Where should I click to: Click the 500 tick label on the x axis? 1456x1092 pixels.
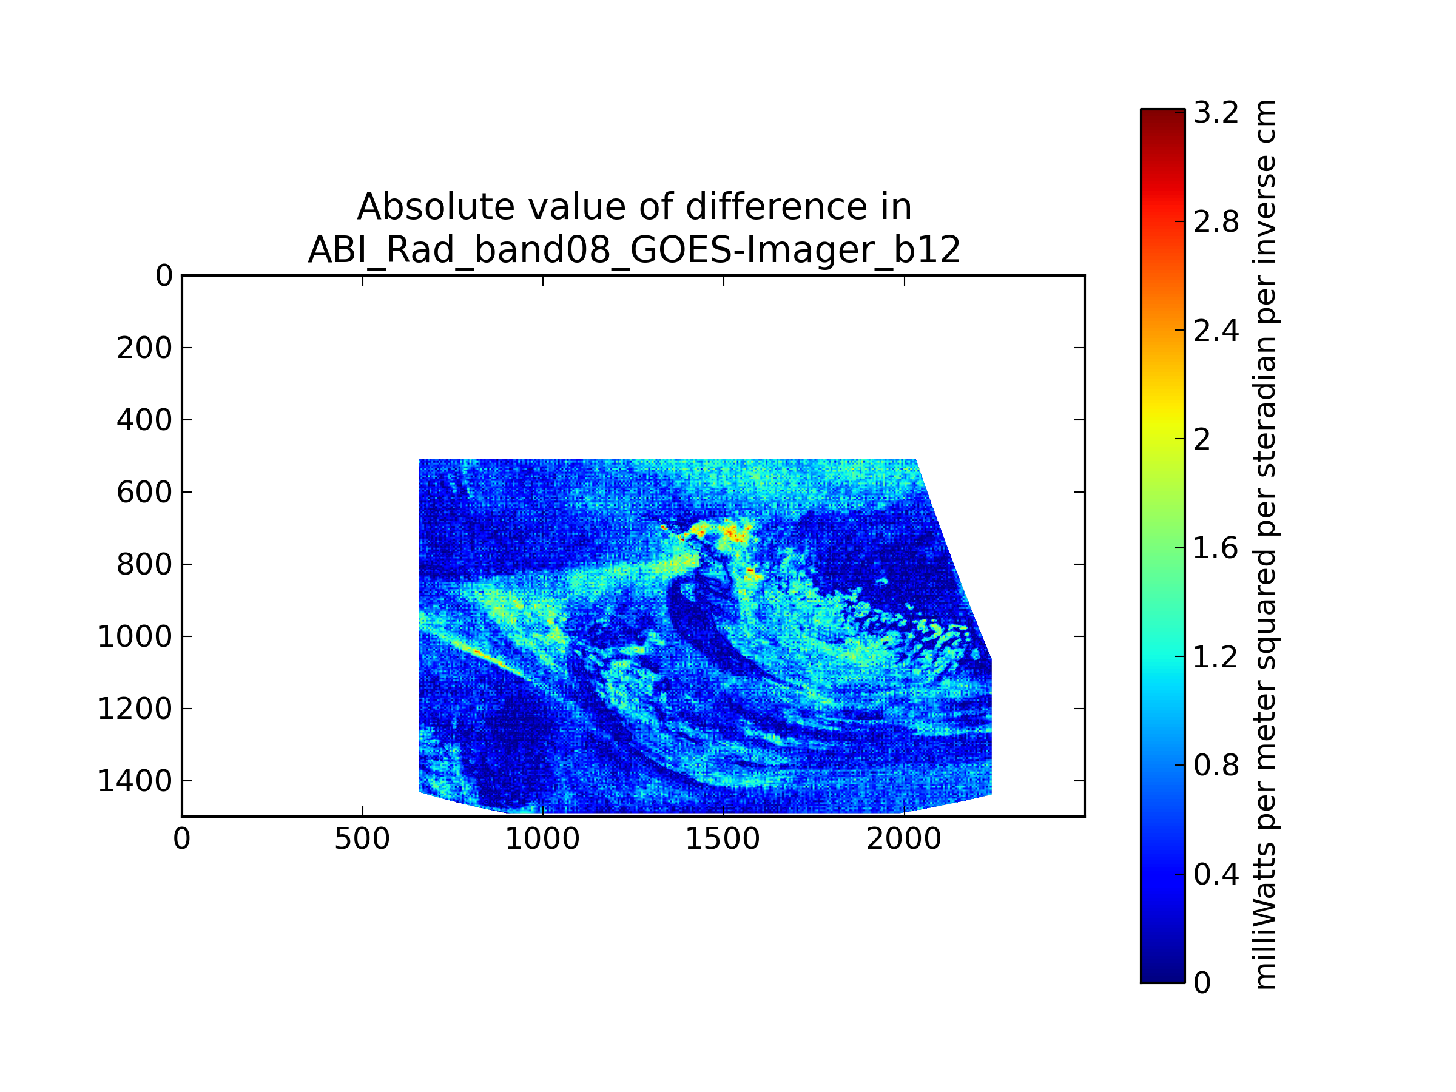(x=362, y=839)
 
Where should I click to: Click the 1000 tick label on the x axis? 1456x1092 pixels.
(x=542, y=839)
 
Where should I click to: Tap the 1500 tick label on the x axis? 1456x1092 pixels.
(x=723, y=839)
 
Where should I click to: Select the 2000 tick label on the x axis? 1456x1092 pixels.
(x=904, y=839)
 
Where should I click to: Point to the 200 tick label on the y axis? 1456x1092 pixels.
(x=144, y=348)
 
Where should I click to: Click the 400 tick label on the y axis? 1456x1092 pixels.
(x=144, y=420)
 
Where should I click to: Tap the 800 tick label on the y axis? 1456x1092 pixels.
(x=144, y=565)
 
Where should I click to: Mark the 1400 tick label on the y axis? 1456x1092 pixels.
(x=135, y=781)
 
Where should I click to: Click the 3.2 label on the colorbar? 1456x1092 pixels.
(x=1216, y=113)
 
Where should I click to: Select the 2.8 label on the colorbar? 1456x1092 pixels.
(x=1216, y=222)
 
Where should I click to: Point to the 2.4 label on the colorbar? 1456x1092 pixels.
(x=1216, y=331)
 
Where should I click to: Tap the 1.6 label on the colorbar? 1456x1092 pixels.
(x=1216, y=548)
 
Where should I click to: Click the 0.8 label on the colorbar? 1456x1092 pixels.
(x=1216, y=766)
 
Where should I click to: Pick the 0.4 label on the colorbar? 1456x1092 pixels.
(x=1216, y=874)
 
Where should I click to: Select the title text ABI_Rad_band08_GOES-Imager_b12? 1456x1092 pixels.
(x=634, y=250)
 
